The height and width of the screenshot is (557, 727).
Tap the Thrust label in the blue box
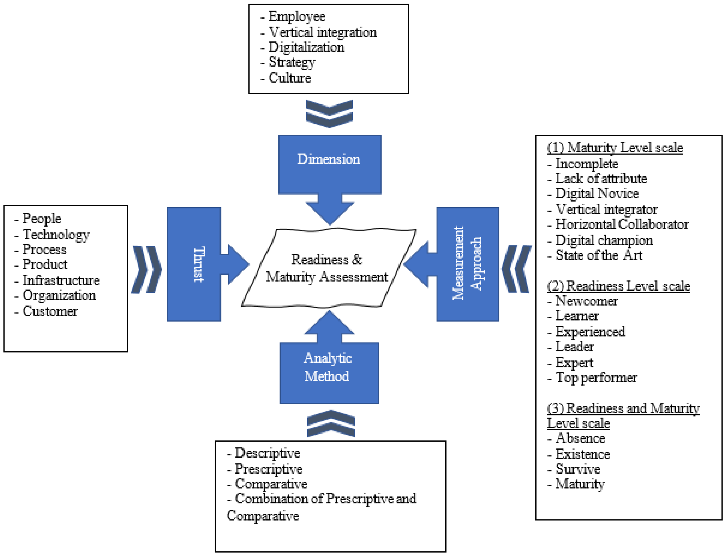199,264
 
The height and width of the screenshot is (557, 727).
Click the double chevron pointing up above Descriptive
331,423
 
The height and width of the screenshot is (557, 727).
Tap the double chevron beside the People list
146,269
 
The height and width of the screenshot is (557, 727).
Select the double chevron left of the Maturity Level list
516,269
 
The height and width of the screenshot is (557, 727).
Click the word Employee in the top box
297,16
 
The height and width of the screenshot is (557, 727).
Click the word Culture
289,78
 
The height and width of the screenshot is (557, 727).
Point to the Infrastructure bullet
61,280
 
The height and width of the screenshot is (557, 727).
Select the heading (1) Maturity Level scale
615,147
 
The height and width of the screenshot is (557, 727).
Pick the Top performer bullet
596,377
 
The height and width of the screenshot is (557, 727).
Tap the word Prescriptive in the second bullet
268,469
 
